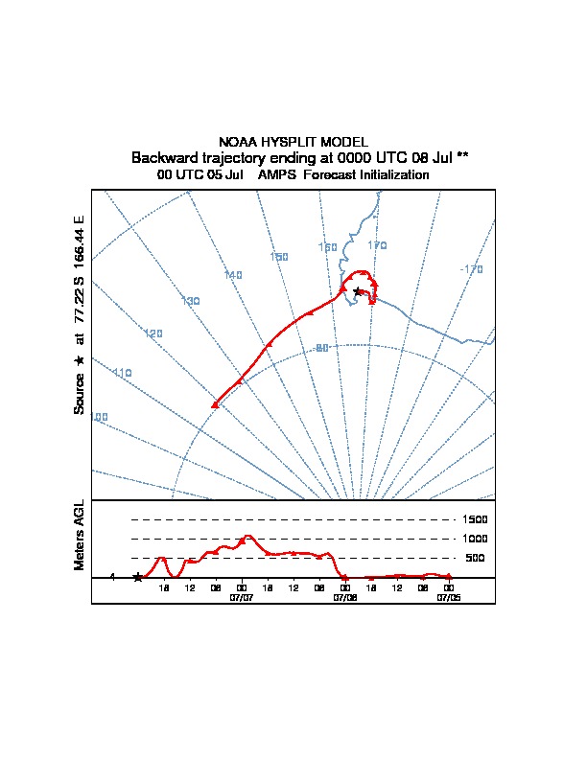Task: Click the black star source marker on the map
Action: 358,291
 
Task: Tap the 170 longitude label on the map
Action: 377,246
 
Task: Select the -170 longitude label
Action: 471,269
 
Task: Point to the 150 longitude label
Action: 279,257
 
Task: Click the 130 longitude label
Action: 190,301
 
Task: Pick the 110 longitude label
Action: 122,372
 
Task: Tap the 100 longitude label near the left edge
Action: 99,417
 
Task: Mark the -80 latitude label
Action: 321,348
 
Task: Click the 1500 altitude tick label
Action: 476,519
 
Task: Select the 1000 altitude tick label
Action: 476,539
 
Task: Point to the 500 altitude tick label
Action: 475,558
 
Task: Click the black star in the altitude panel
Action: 137,577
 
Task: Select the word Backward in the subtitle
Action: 162,157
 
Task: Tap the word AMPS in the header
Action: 277,175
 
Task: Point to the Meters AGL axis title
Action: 79,535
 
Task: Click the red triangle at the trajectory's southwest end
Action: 215,405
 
